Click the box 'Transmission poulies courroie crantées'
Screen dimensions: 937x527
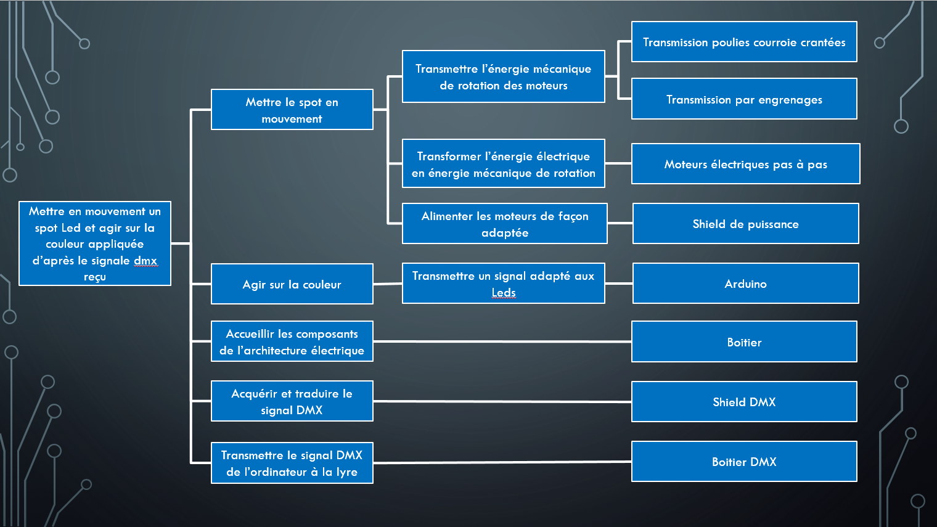tap(744, 42)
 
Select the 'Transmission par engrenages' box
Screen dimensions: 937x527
tap(744, 99)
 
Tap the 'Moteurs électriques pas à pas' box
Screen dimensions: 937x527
tap(746, 163)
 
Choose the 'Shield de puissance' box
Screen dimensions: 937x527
tap(746, 223)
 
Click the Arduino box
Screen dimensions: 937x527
tap(746, 283)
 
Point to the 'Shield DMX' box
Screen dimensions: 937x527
tap(744, 401)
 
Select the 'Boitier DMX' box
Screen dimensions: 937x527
tap(744, 461)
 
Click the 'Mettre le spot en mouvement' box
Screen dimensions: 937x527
tap(292, 110)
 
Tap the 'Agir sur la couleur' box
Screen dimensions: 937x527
tap(292, 284)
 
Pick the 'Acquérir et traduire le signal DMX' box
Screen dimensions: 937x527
tap(292, 401)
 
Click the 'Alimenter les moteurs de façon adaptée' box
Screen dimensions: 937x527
tap(505, 223)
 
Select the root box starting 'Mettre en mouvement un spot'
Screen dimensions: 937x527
tap(95, 243)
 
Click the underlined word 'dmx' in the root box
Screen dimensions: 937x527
tap(145, 261)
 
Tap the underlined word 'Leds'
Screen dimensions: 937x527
tap(504, 292)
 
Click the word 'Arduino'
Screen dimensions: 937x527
tap(746, 284)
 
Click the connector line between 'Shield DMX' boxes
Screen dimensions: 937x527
tap(502, 401)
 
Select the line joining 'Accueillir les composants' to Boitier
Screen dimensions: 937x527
tap(502, 341)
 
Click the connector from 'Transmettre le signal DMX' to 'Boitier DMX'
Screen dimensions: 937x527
tap(502, 462)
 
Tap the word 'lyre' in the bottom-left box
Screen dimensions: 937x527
tap(347, 472)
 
